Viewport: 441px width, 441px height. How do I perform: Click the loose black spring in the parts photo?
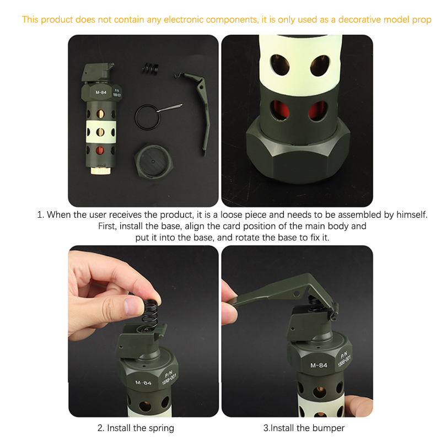(x=150, y=68)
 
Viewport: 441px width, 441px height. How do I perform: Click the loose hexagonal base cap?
(x=153, y=162)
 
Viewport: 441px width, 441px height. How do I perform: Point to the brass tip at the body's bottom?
(x=100, y=170)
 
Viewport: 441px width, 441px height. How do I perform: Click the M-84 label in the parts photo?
(x=101, y=92)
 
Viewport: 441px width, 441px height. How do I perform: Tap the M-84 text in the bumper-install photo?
(x=319, y=365)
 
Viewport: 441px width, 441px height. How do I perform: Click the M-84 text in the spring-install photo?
(x=143, y=383)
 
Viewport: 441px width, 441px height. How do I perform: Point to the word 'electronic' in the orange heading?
(x=184, y=20)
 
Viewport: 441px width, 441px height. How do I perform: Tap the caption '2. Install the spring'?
(x=136, y=428)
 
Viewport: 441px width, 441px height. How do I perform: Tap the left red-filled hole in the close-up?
(x=279, y=110)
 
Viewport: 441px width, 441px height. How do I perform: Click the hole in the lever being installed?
(x=296, y=294)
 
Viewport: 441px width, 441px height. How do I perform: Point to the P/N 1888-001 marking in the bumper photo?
(x=345, y=359)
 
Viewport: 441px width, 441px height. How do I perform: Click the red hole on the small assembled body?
(x=100, y=150)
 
